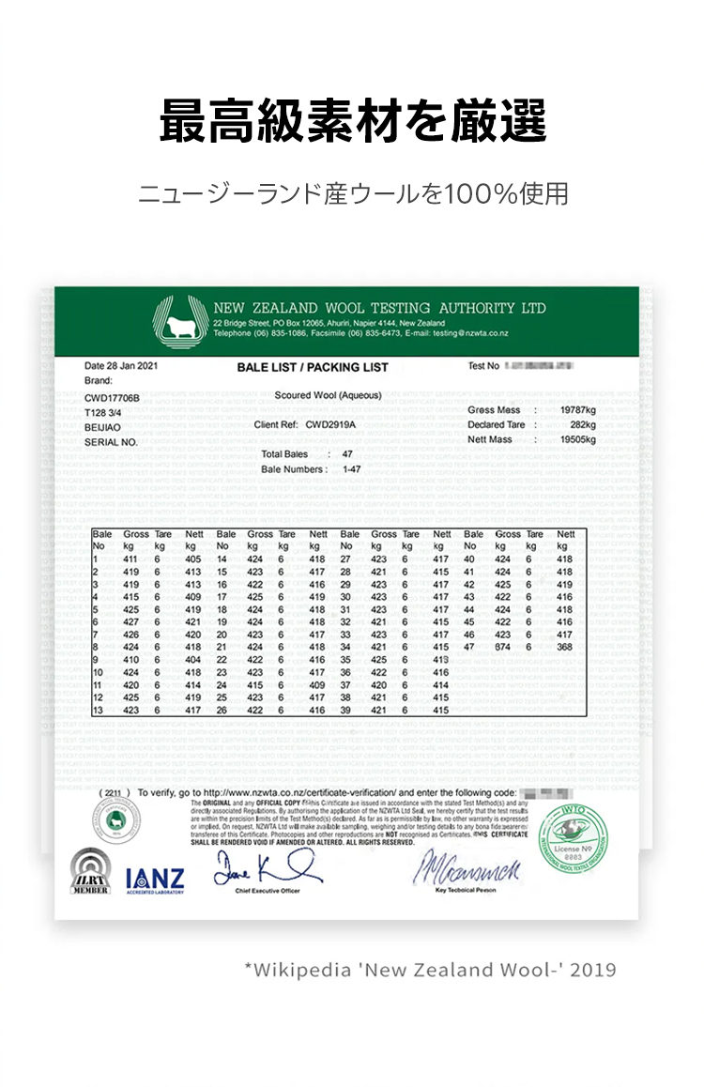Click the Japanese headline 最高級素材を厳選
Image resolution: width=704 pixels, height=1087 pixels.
click(352, 121)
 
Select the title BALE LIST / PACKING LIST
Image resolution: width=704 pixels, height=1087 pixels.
click(313, 367)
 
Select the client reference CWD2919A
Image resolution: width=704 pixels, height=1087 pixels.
click(330, 424)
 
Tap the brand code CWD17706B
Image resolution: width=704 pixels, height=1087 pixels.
click(112, 398)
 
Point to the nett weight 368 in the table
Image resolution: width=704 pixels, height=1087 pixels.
click(564, 647)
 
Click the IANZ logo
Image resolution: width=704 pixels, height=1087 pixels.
click(155, 880)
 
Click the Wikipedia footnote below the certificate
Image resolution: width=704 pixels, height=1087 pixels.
click(430, 969)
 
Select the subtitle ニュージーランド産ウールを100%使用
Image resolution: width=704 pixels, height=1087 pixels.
click(352, 194)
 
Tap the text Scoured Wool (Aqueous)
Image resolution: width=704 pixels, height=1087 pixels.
click(314, 395)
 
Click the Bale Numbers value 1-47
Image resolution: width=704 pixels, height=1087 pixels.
click(352, 468)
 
